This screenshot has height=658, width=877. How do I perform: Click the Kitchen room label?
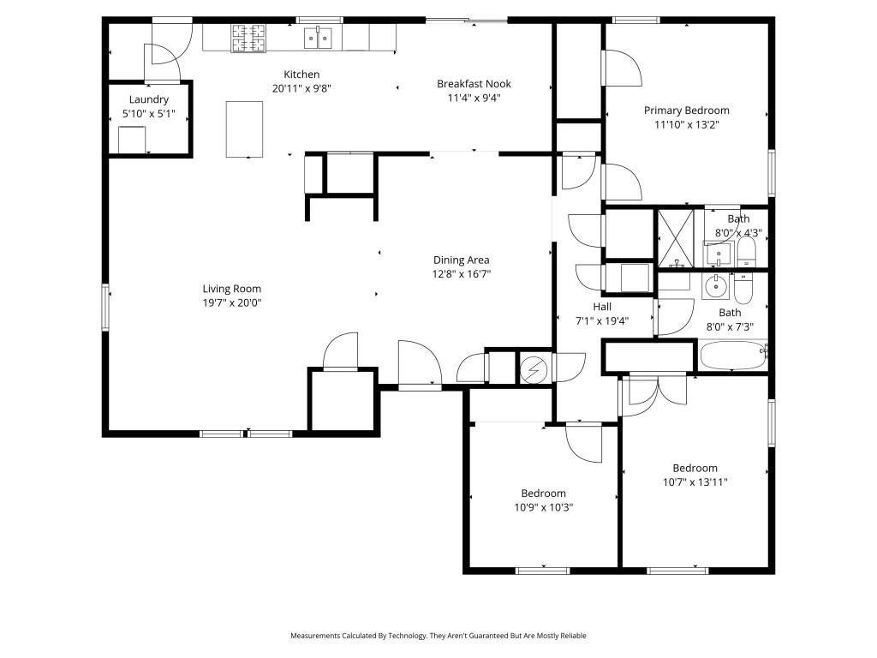pyautogui.click(x=301, y=75)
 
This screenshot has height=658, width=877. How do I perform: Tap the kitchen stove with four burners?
pyautogui.click(x=248, y=38)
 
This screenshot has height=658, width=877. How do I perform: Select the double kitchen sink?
pyautogui.click(x=318, y=38)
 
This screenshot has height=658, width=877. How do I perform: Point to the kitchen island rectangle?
pyautogui.click(x=244, y=129)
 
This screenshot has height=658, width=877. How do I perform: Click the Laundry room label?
pyautogui.click(x=149, y=99)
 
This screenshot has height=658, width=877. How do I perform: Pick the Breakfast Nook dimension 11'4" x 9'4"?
pyautogui.click(x=474, y=98)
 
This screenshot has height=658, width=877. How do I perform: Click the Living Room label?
pyautogui.click(x=231, y=289)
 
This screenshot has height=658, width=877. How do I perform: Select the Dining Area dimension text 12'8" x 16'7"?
pyautogui.click(x=462, y=274)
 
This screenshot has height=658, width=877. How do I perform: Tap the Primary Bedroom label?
pyautogui.click(x=686, y=111)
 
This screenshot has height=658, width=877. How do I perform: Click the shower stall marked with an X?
pyautogui.click(x=675, y=238)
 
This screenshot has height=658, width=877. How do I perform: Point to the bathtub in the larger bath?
pyautogui.click(x=733, y=355)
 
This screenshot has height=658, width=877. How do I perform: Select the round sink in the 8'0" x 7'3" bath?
pyautogui.click(x=715, y=286)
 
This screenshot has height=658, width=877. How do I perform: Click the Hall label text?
pyautogui.click(x=602, y=307)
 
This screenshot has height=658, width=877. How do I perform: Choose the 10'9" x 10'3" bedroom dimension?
pyautogui.click(x=544, y=507)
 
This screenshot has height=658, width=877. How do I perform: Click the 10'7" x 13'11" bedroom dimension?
pyautogui.click(x=695, y=482)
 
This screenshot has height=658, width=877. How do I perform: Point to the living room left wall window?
pyautogui.click(x=105, y=307)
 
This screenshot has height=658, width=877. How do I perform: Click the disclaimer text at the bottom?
pyautogui.click(x=438, y=636)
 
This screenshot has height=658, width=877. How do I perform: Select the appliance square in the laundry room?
pyautogui.click(x=132, y=140)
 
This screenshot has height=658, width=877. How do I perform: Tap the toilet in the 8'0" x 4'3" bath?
pyautogui.click(x=747, y=252)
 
